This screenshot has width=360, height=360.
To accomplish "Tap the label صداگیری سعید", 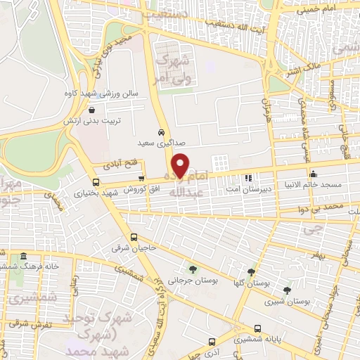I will coord(161,143).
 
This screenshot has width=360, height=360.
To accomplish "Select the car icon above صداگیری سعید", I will coord(161,132).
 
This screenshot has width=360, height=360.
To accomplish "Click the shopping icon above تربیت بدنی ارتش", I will coord(93,109).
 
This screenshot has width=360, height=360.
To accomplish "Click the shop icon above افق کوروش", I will coord(143,179).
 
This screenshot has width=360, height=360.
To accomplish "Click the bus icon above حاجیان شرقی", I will coord(134,237).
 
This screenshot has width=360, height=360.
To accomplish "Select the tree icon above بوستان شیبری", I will coord(287,290).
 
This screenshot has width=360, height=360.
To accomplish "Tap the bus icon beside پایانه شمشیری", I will coord(257,328).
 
